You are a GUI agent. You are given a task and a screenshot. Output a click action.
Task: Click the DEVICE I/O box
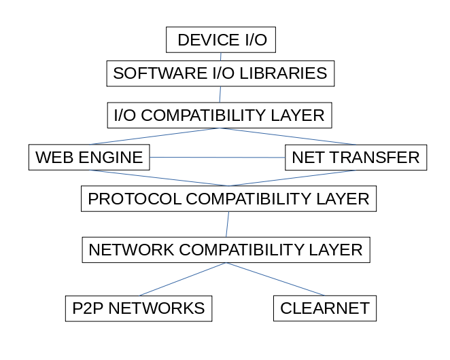point(221,39)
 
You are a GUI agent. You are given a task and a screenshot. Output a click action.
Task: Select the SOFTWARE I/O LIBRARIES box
point(220,73)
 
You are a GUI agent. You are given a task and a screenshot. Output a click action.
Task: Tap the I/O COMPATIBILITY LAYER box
point(219,115)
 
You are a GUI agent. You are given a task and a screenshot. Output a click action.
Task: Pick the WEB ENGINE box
point(89,158)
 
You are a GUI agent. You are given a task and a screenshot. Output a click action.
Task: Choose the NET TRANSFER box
point(356,158)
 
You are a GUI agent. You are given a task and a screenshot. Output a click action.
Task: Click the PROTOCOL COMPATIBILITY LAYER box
point(228,199)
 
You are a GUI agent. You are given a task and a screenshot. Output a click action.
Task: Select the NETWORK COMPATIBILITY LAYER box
point(226,249)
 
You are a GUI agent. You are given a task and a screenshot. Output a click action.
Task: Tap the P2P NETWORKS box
point(138,308)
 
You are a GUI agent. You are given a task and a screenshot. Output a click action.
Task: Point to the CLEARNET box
point(324,308)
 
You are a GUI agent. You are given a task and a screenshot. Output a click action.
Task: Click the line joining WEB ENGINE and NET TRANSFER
point(218,158)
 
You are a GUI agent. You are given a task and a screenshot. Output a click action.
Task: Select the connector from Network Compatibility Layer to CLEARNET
point(275,279)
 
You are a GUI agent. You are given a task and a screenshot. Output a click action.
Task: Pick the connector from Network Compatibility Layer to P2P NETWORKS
point(182,279)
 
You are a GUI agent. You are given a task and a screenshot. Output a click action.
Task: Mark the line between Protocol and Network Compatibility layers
point(227,224)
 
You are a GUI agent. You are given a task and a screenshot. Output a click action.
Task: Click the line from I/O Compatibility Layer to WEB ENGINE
point(155,136)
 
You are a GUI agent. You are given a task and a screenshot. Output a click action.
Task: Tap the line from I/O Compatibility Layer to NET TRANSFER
point(287,136)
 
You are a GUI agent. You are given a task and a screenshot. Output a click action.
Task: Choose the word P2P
point(86,308)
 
